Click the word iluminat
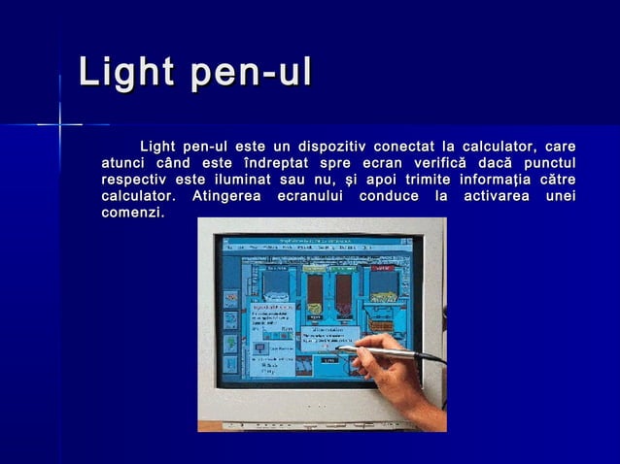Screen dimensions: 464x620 (235, 180)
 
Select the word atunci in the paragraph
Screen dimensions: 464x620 (124, 163)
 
